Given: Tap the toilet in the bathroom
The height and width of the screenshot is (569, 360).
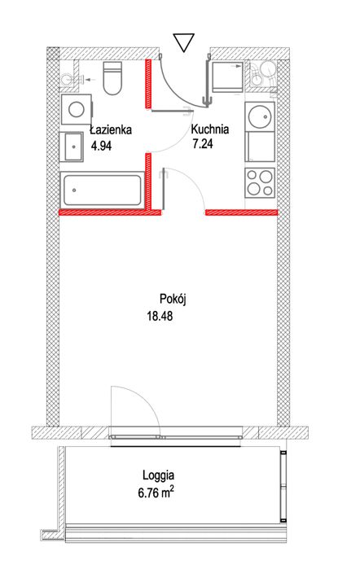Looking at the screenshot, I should coord(112,80).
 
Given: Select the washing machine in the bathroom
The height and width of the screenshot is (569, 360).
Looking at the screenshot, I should coord(76,108).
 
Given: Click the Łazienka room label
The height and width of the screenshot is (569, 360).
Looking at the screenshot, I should coord(111,129).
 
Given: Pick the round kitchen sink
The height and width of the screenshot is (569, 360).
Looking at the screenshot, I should coord(261,118).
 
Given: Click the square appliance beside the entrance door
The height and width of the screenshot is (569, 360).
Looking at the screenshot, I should coord(226,77).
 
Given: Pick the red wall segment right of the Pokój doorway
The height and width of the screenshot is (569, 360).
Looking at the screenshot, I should coord(242,213).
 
